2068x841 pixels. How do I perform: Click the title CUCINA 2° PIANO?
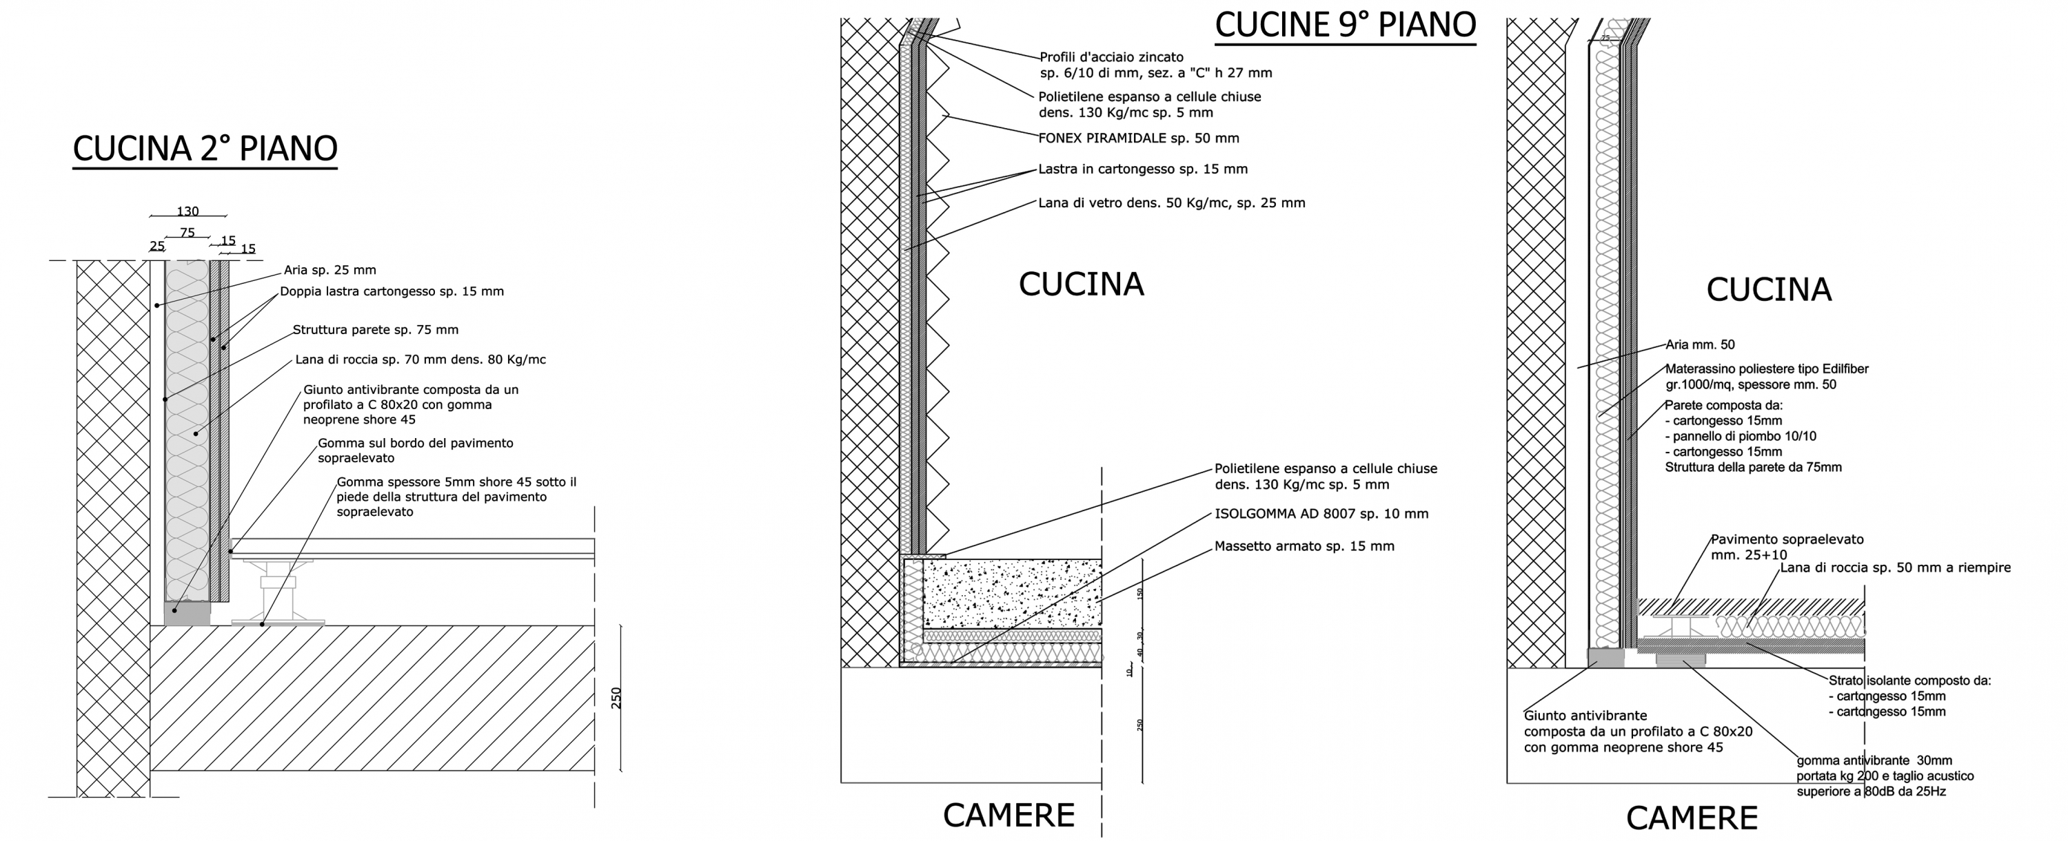coord(205,149)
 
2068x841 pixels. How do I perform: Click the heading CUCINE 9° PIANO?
coord(1345,25)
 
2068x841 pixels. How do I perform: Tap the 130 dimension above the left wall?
coord(188,212)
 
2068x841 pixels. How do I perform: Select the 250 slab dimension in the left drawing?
coord(616,698)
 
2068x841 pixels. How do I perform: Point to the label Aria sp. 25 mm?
coord(330,271)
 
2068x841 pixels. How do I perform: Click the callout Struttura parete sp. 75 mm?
coord(376,330)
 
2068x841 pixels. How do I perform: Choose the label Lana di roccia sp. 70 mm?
coord(420,360)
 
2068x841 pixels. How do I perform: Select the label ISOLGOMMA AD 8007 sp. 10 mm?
coord(1321,514)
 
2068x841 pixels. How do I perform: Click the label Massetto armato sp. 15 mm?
coord(1304,546)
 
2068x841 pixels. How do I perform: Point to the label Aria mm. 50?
coord(1699,345)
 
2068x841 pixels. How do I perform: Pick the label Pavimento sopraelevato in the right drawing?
coord(1787,540)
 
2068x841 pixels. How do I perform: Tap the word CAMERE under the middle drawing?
coord(1008,816)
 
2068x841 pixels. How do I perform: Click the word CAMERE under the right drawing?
coord(1692,818)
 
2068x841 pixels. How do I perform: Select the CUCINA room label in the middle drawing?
coord(1081,284)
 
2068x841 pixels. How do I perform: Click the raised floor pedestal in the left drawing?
coord(277,594)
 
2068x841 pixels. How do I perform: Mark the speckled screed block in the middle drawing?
coord(1011,594)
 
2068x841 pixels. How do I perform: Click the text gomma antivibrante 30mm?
coord(1874,760)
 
